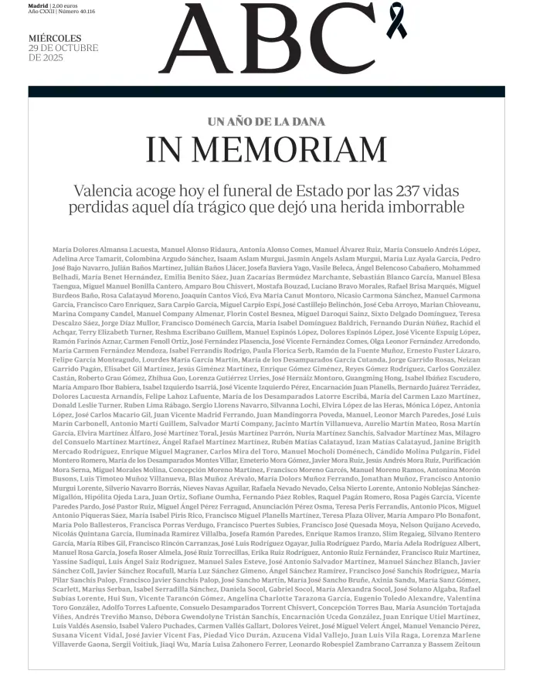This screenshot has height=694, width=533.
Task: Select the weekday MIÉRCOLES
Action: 55,38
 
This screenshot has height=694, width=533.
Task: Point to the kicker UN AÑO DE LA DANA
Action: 266,121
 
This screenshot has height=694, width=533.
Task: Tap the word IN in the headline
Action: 164,150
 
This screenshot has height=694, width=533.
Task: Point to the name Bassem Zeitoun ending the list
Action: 457,645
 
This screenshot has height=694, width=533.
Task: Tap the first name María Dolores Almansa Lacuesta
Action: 104,250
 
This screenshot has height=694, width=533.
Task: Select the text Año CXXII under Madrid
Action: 41,12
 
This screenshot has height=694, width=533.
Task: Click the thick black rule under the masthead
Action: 266,91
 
